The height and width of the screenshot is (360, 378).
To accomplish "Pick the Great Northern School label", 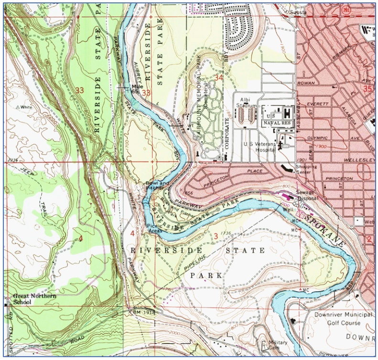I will pos(34,299).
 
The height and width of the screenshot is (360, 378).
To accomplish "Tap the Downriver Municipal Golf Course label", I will pos(343,318).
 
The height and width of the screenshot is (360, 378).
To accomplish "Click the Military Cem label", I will pos(278,345).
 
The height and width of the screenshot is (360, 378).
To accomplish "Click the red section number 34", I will pos(219,77).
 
